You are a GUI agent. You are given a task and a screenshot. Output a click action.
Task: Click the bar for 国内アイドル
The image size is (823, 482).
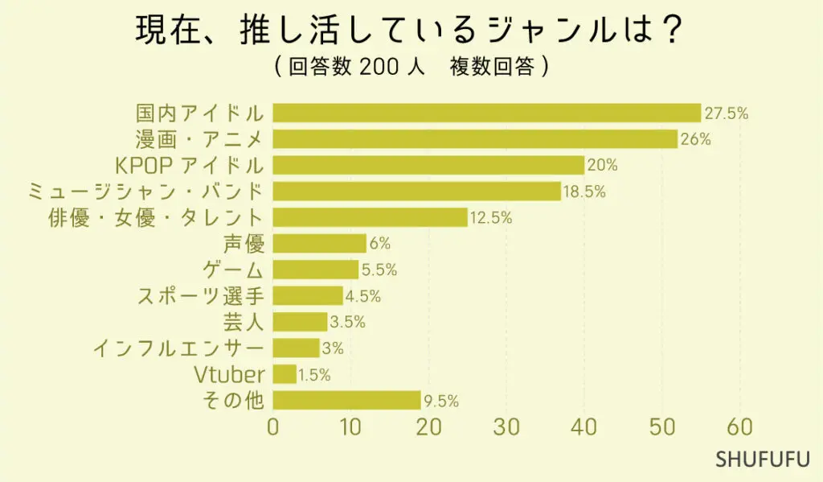tap(487, 113)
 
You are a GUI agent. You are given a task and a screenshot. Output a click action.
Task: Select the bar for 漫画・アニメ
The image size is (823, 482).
tap(475, 139)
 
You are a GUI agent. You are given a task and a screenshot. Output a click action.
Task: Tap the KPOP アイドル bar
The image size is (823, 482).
tap(428, 165)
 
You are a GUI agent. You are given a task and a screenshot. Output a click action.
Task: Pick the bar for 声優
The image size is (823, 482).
tap(320, 243)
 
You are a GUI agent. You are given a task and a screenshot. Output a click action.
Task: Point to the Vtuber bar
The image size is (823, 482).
tap(285, 374)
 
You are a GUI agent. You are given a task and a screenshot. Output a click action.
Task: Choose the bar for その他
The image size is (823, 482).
tap(346, 400)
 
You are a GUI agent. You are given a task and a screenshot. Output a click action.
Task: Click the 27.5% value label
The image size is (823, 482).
tap(727, 113)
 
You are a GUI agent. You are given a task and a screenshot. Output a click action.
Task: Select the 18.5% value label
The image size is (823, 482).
tap(584, 192)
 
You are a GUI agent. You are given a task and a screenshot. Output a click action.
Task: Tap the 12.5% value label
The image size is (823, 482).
tap(491, 218)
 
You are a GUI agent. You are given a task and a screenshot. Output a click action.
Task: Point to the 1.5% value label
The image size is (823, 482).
tap(314, 375)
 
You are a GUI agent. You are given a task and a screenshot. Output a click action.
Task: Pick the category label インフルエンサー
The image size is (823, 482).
tap(178, 348)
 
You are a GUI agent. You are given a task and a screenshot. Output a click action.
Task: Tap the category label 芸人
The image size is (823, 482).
tap(245, 322)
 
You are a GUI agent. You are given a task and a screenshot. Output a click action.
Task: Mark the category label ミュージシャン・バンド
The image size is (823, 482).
tap(145, 192)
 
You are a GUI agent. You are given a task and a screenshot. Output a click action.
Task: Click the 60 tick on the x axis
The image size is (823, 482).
tap(740, 427)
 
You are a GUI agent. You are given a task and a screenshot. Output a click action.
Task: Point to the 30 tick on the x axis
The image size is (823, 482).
tap(506, 427)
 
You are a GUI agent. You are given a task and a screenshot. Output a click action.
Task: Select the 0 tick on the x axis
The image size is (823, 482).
tap(273, 427)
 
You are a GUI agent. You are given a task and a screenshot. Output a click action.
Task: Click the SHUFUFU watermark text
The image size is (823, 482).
tap(763, 460)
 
